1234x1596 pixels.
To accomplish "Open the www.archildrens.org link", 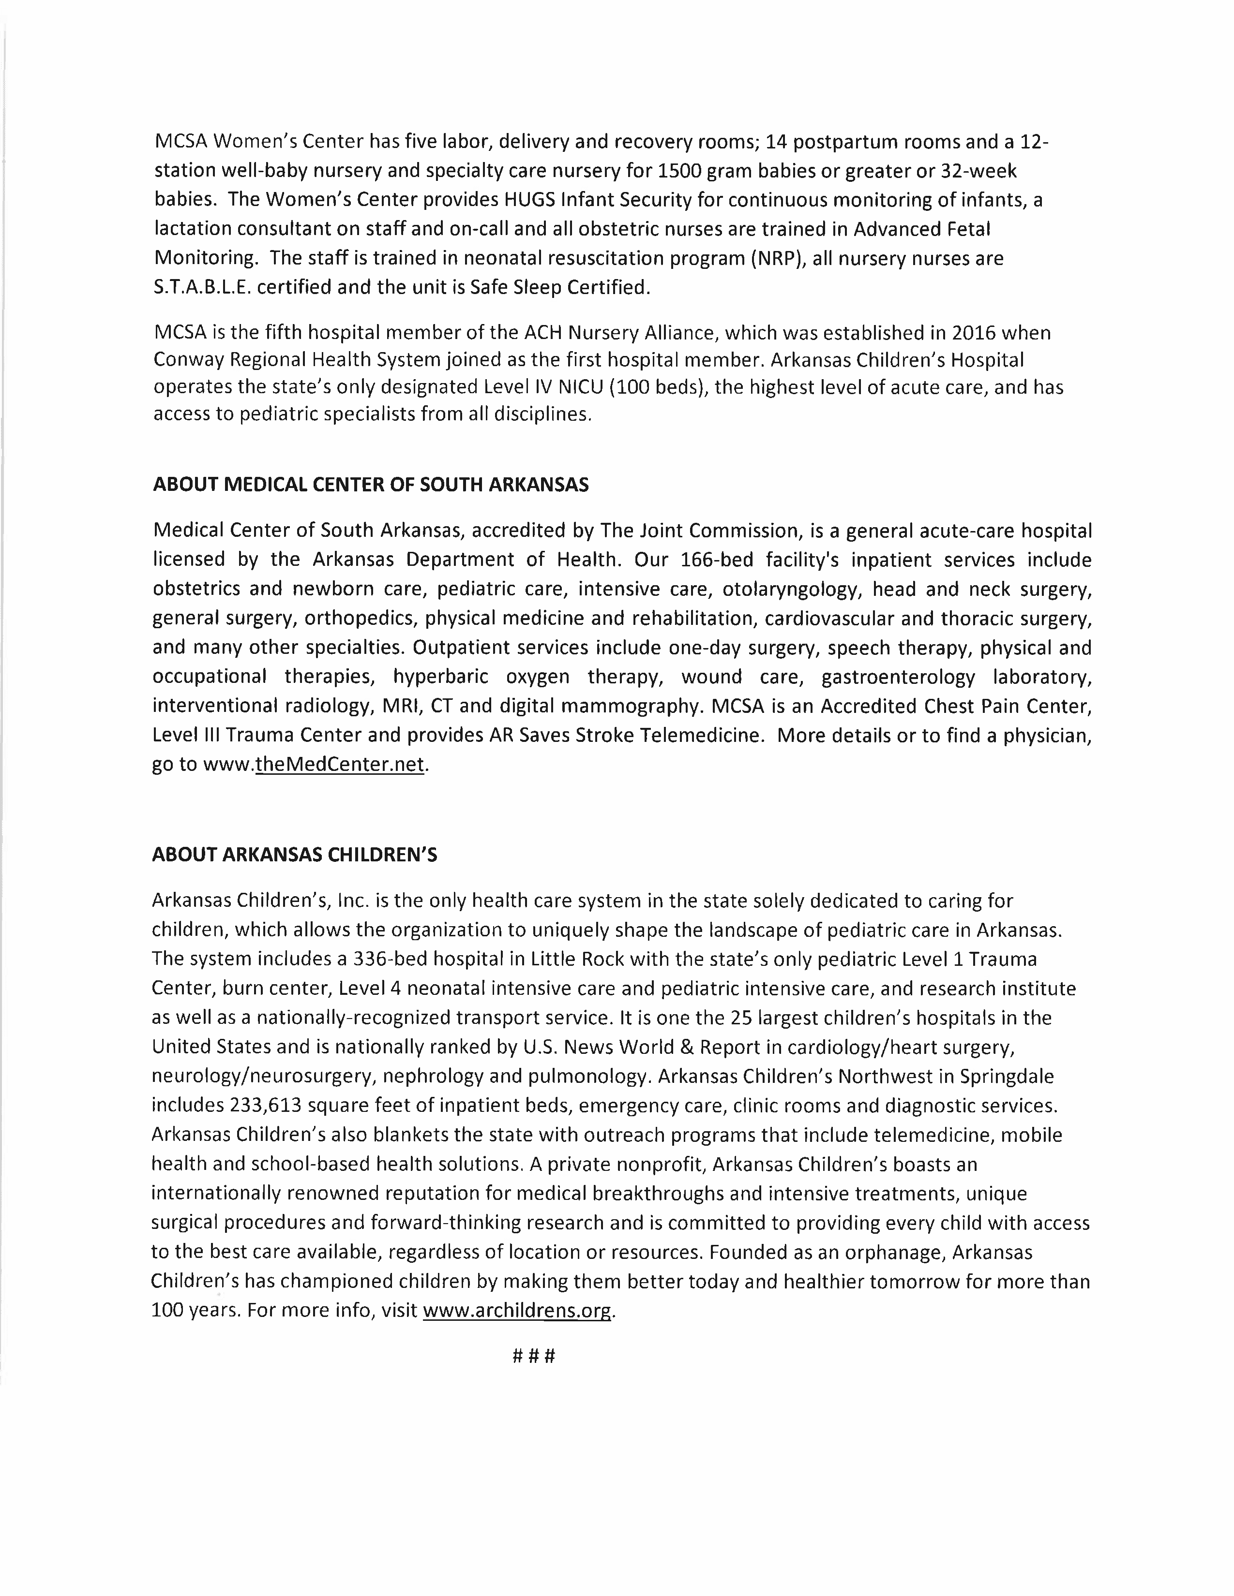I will pyautogui.click(x=517, y=1310).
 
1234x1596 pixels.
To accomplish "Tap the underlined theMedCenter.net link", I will pyautogui.click(x=339, y=764).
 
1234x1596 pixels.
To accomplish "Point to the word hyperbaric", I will pyautogui.click(x=440, y=677).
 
